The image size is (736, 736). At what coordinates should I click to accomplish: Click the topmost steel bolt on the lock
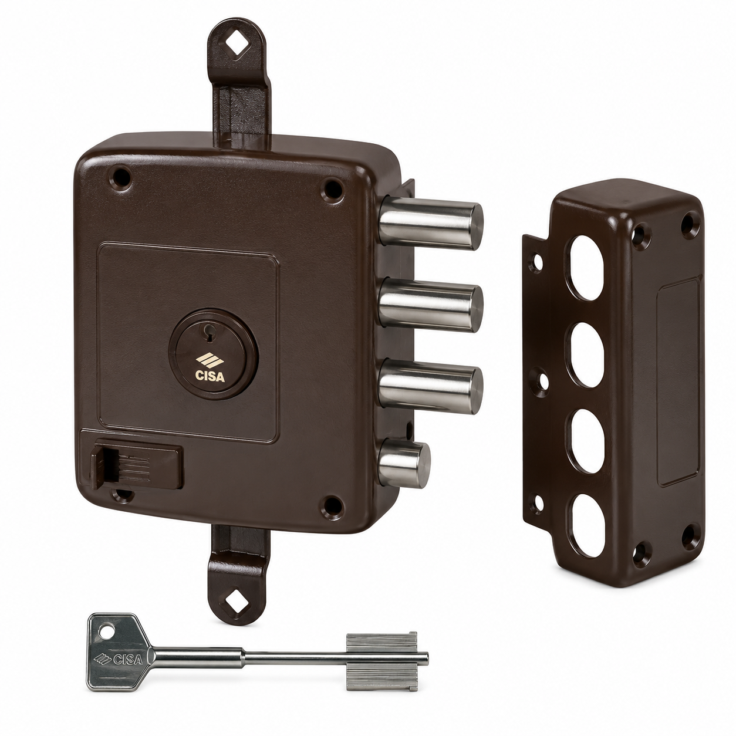pos(431,222)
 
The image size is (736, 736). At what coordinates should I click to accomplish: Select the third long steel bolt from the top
pos(430,385)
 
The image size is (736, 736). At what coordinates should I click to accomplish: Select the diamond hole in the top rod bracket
pos(237,49)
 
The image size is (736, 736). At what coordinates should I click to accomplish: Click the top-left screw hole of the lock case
pos(123,175)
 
